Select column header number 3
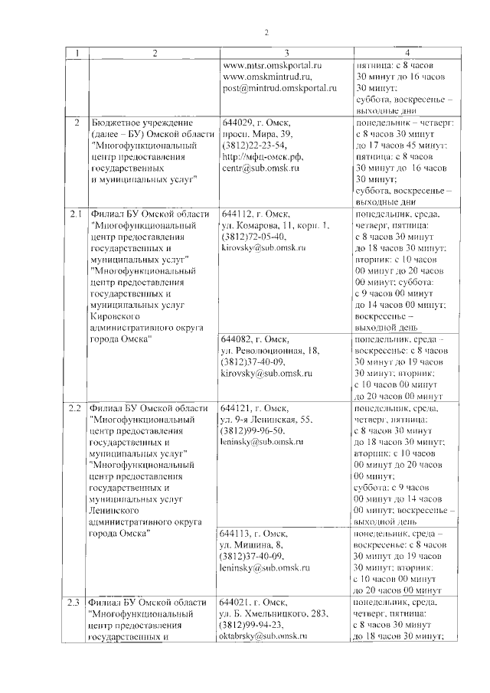[286, 52]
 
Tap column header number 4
[407, 52]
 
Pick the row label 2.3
[74, 602]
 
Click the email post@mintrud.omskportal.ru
[279, 89]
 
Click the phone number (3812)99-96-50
[254, 431]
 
